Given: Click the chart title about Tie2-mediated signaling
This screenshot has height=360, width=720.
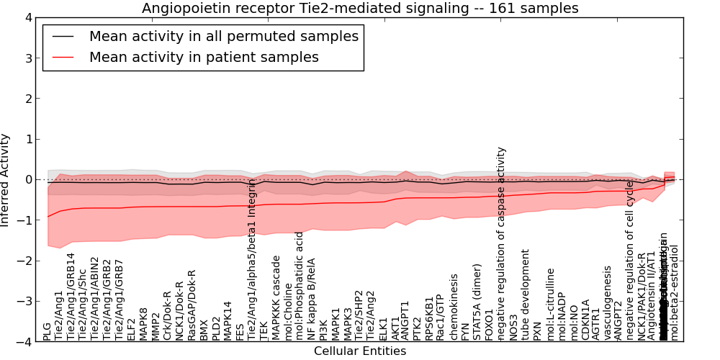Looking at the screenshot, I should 360,8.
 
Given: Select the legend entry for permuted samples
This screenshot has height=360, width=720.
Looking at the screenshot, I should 223,36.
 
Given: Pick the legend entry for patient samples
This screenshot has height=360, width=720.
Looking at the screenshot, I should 204,57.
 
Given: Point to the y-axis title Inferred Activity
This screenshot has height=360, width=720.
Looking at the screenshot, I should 6,180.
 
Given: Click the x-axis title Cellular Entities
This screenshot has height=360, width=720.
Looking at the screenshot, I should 360,351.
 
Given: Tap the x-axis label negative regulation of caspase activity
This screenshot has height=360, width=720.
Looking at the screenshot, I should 502,243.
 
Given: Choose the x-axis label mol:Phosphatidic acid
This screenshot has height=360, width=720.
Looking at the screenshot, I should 300,289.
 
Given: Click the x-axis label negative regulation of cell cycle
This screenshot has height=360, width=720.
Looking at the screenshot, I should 629,260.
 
